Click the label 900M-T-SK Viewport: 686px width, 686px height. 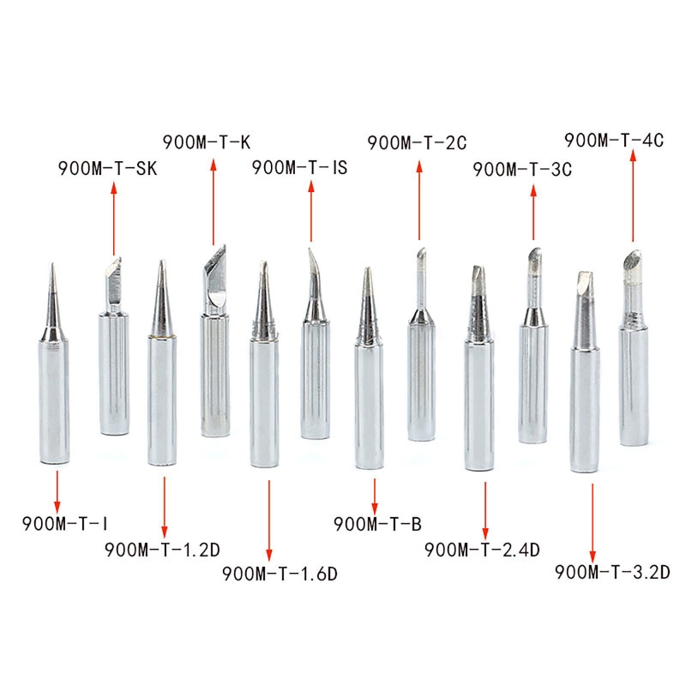(x=108, y=168)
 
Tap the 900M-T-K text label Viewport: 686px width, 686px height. (x=207, y=142)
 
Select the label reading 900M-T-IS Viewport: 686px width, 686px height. (x=299, y=167)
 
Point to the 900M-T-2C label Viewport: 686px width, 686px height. (x=417, y=142)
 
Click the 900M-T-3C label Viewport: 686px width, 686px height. (x=522, y=169)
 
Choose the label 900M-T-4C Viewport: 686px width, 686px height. (x=614, y=141)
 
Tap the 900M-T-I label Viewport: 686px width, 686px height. (x=65, y=523)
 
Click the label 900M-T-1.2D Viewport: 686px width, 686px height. (x=162, y=550)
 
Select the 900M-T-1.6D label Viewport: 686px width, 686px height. (x=280, y=574)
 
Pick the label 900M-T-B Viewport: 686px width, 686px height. (x=377, y=524)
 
